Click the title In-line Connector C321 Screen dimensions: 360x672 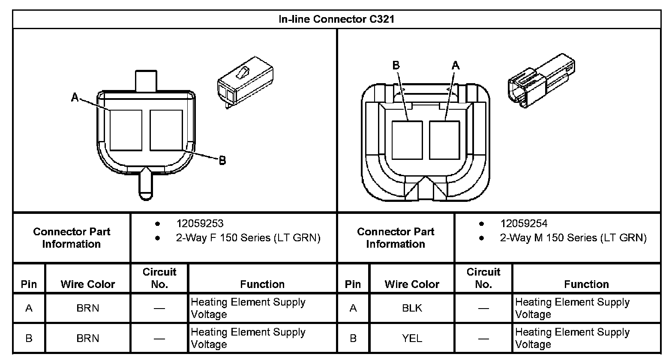[x=336, y=19]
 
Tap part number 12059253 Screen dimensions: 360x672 [x=200, y=223]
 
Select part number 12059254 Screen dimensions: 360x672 [x=524, y=223]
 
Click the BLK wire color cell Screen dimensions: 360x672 [x=412, y=308]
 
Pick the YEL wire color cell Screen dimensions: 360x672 [x=412, y=338]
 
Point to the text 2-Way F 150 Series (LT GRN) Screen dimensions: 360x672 [x=248, y=238]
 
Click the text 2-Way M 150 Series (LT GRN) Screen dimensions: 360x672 [x=573, y=238]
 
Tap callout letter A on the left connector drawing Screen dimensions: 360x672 [x=75, y=98]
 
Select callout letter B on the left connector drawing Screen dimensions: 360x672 [x=222, y=161]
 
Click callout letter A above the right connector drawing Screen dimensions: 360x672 [x=456, y=66]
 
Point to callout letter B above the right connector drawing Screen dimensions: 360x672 [x=396, y=66]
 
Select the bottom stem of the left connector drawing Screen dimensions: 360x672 [x=145, y=184]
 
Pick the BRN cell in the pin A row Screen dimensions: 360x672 [x=88, y=308]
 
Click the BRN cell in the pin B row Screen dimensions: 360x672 [x=88, y=338]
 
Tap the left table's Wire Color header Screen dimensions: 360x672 [x=88, y=284]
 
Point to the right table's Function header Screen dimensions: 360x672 [x=586, y=284]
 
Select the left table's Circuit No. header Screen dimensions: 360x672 [x=159, y=278]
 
